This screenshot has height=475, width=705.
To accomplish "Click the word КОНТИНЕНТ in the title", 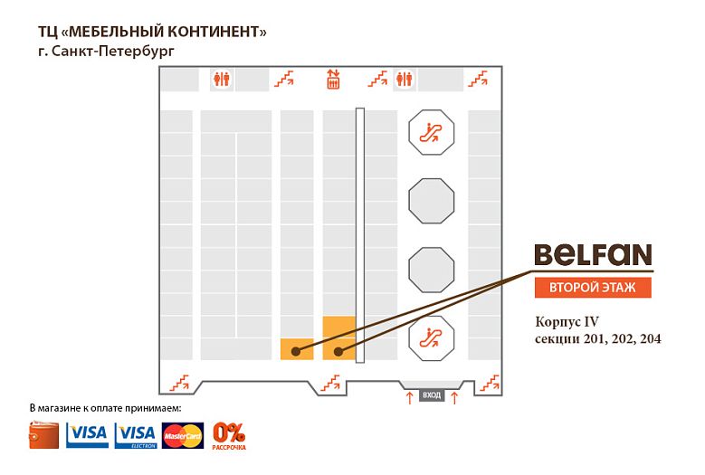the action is [217, 32].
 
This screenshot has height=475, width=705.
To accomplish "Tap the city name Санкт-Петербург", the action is [113, 52].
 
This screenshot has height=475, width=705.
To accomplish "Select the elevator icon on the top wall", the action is [333, 80].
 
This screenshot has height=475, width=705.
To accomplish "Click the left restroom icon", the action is [222, 79].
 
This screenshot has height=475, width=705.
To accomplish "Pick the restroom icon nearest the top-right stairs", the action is [405, 79].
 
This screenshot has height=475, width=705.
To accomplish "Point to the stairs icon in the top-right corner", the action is [478, 79].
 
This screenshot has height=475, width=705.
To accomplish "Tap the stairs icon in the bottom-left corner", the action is [179, 383].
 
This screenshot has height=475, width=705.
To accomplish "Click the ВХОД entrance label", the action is [432, 395].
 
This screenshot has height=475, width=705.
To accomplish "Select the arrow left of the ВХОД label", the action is [410, 397].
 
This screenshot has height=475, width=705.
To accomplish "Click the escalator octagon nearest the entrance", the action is [431, 338].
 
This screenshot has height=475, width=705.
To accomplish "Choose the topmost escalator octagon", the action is [431, 133].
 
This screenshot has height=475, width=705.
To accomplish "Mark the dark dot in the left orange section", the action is [295, 351].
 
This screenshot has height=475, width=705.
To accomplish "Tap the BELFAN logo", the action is [593, 255].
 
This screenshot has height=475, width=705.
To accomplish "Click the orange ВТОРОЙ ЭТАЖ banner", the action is [593, 288].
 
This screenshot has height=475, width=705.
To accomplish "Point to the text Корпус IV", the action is [567, 322].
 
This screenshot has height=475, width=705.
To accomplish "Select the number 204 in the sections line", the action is [650, 338].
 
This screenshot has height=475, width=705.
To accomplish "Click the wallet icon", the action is [43, 435].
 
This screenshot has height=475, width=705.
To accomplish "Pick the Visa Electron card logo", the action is [136, 435].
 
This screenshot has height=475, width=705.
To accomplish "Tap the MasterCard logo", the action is [183, 435].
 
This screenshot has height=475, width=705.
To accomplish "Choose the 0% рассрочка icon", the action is [229, 436].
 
